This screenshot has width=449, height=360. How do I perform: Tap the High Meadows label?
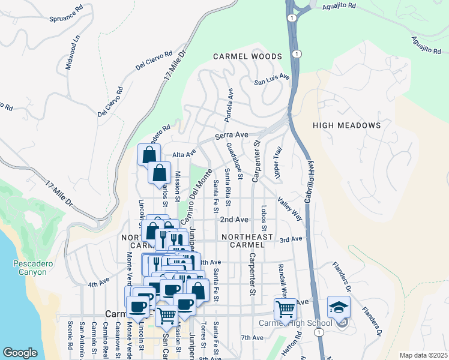tap(347, 125)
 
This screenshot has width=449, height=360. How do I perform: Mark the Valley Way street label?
tap(290, 209)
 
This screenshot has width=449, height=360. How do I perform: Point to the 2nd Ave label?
tap(234, 220)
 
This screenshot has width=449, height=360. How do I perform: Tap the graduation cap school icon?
tap(339, 307)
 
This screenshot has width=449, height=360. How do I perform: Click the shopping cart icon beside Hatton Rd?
tap(285, 309)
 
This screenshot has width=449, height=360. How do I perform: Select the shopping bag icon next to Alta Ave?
tap(148, 155)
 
